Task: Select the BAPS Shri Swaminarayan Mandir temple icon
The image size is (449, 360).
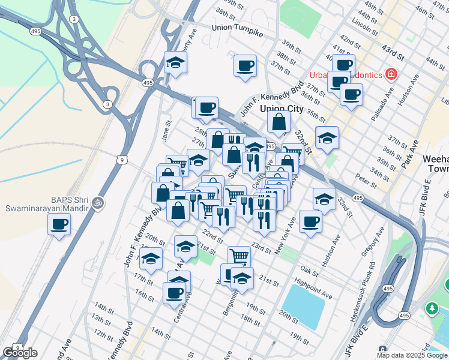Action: tap(98, 203)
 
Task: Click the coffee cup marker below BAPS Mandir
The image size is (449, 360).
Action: tap(59, 225)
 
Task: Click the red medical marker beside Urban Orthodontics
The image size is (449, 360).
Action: tap(391, 74)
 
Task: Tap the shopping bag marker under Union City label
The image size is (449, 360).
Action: tap(279, 123)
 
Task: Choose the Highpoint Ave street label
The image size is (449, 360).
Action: tap(313, 288)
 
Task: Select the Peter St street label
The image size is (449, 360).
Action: tap(366, 179)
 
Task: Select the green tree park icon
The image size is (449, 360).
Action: tap(431, 308)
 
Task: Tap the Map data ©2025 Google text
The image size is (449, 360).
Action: tap(412, 355)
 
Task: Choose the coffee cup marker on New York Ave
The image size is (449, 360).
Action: tap(310, 221)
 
